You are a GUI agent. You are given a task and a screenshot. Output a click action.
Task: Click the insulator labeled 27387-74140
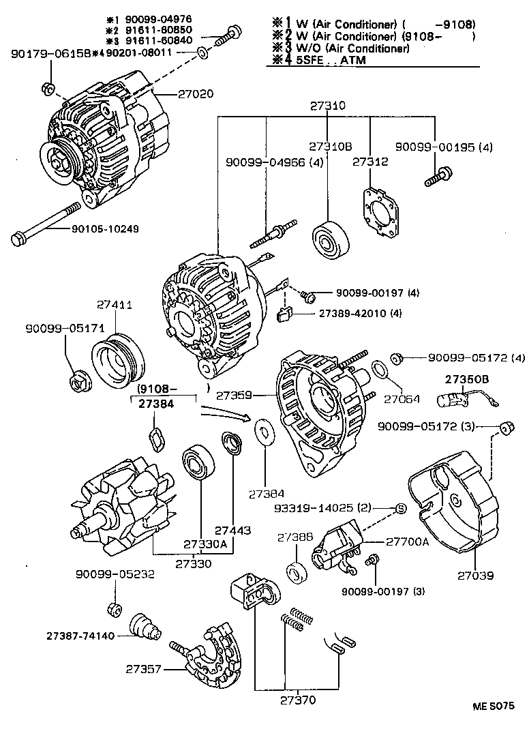click(144, 626)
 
